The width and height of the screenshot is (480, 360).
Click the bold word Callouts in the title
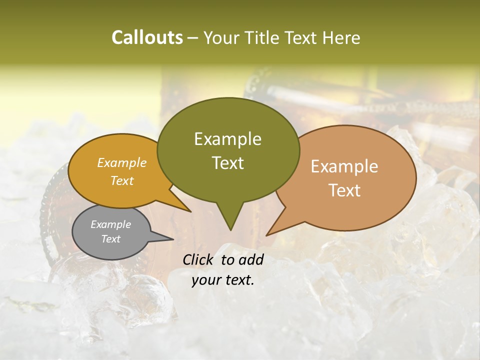[147, 37]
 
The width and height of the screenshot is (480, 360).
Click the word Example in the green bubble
[227, 139]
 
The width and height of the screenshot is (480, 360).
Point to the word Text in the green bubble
[227, 163]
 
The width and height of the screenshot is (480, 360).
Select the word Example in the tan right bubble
[344, 166]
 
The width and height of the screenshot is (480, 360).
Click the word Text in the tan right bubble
[344, 190]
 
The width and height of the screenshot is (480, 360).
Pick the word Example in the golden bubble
[122, 162]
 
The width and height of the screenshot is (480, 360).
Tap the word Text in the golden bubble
[122, 180]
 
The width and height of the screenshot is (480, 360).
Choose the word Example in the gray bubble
[110, 224]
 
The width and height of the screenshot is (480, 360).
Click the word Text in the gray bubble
[110, 239]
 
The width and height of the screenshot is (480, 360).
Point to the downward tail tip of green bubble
[230, 229]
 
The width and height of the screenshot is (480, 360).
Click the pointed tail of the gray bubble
[172, 239]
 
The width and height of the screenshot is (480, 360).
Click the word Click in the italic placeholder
[199, 259]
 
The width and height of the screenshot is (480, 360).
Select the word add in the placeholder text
[251, 259]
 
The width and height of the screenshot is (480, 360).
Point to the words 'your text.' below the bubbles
[223, 280]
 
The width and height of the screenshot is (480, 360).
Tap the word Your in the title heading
[221, 37]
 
